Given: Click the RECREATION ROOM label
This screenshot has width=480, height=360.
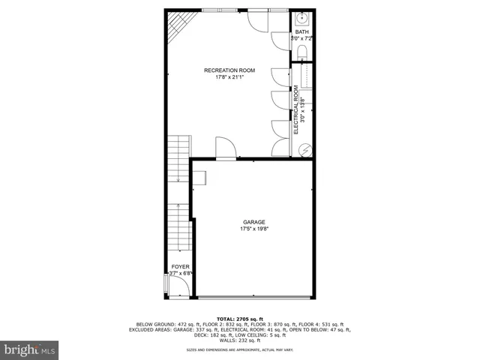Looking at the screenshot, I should coord(229,70).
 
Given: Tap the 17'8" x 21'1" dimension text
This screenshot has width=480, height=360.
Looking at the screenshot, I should coord(229,77).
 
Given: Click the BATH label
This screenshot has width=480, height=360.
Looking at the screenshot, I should coord(301,32).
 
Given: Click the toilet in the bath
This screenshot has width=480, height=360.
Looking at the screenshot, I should coord(301,51).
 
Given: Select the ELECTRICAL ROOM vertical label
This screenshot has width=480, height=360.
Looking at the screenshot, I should coord(296,109).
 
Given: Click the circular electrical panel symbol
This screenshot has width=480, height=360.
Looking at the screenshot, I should coord(306,149).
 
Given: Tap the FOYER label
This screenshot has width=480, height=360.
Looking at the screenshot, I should coord(180,267).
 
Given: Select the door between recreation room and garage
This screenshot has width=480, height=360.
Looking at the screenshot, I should coord(225,148).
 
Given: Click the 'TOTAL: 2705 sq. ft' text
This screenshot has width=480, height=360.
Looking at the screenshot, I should coord(240,319).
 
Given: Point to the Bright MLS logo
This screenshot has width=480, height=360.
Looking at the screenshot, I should coord(30,349).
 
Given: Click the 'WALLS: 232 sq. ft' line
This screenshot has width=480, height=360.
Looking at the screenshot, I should coord(240,340).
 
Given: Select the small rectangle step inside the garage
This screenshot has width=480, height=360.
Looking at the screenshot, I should coord(200,176).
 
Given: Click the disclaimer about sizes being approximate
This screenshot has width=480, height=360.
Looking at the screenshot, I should coord(240,349).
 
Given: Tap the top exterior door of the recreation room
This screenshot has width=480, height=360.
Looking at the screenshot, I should coord(255,18).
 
